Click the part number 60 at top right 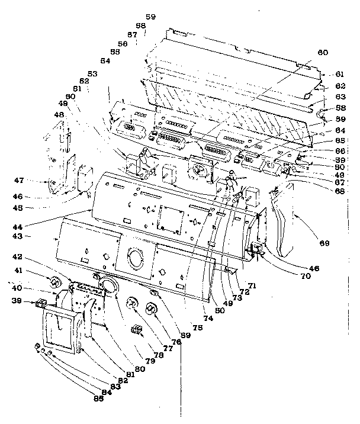click(x=322, y=53)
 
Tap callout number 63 click(x=339, y=96)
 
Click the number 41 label click(x=35, y=270)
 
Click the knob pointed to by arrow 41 click(x=54, y=280)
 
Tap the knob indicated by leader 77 click(x=135, y=306)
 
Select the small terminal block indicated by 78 click(x=136, y=330)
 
